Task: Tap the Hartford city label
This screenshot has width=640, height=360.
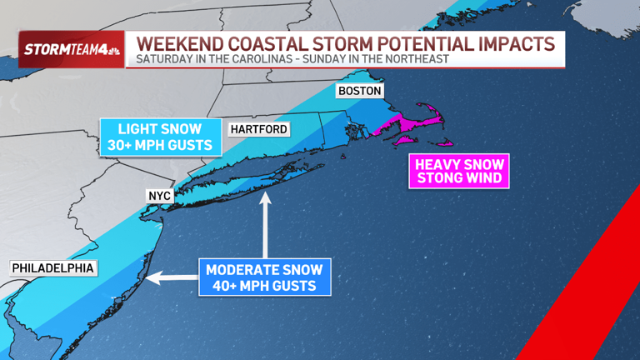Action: pyautogui.click(x=260, y=129)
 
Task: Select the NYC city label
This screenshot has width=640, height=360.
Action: pyautogui.click(x=158, y=196)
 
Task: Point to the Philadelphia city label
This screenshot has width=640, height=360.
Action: pyautogui.click(x=52, y=268)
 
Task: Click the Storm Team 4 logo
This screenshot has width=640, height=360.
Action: pyautogui.click(x=70, y=49)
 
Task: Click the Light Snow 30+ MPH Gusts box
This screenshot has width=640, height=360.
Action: pyautogui.click(x=158, y=137)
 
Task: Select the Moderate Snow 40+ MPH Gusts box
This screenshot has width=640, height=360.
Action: pyautogui.click(x=265, y=277)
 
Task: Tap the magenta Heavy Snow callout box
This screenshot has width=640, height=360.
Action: pyautogui.click(x=457, y=170)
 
